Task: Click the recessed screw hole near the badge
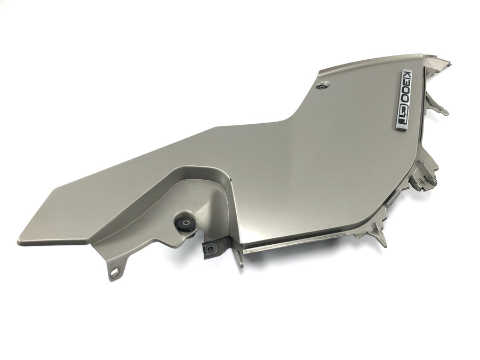click(x=324, y=85)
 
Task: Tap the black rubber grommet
click(x=186, y=226)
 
